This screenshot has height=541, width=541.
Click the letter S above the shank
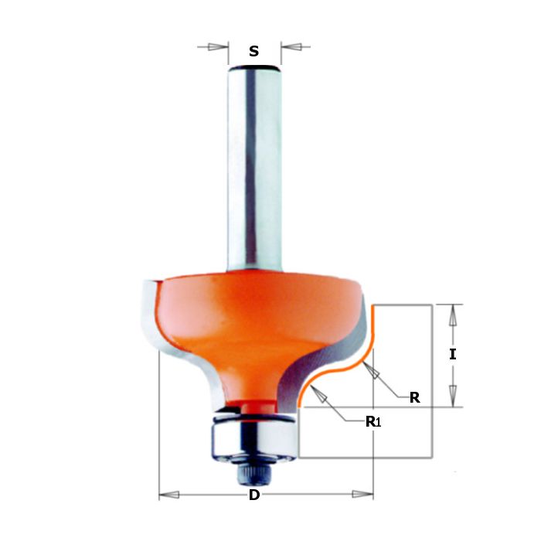pyautogui.click(x=253, y=52)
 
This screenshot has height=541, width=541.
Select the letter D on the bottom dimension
pyautogui.click(x=253, y=495)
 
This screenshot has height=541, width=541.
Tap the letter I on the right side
pyautogui.click(x=453, y=355)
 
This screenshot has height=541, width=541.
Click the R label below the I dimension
pyautogui.click(x=414, y=398)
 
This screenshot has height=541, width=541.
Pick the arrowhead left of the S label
pyautogui.click(x=219, y=47)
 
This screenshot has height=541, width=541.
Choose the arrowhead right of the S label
pyautogui.click(x=289, y=47)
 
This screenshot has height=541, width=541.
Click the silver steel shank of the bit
pyautogui.click(x=253, y=170)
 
